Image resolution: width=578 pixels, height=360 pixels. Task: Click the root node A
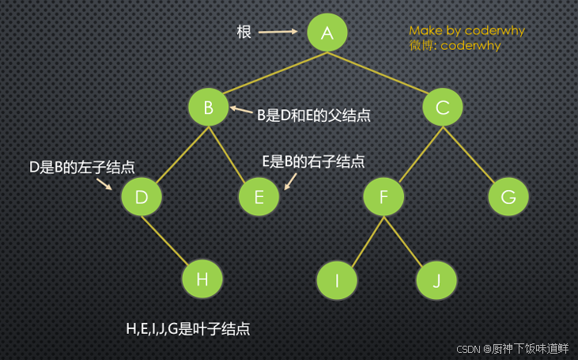(328, 32)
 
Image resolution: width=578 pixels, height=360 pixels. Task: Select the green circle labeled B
(209, 107)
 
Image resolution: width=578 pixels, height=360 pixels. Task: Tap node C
(442, 107)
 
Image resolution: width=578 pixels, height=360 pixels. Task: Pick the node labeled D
(142, 197)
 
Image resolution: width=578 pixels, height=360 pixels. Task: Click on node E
(259, 197)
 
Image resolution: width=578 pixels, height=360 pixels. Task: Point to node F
(383, 197)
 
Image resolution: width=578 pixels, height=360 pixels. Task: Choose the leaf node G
(508, 197)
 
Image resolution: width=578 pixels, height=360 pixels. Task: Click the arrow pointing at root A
(278, 32)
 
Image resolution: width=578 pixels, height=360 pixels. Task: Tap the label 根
(244, 32)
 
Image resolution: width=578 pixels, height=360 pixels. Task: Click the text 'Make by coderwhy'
(467, 31)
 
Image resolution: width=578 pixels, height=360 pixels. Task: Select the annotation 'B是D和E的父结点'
(314, 115)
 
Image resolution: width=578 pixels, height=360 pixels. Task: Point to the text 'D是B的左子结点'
(81, 168)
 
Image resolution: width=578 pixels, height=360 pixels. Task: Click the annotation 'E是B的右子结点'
(313, 161)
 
